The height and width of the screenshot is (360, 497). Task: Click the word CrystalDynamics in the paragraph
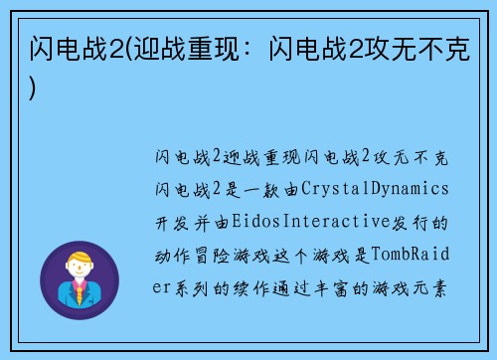[376, 188]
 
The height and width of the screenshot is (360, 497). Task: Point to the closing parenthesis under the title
[36, 87]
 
